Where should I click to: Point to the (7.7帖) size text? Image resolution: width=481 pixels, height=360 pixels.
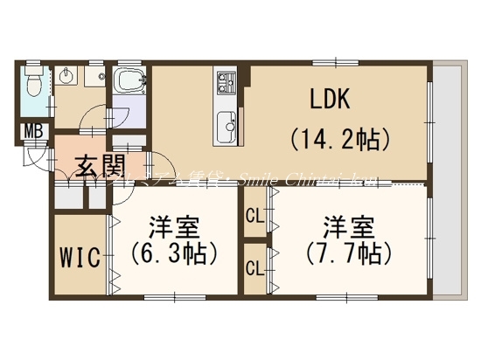tap(344, 253)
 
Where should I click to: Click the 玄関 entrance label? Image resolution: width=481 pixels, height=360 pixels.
tap(97, 164)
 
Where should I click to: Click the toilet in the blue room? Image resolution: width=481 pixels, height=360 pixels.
tap(32, 86)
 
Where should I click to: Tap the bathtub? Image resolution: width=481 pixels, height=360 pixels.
tap(129, 85)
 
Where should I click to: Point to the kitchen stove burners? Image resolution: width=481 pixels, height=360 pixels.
tap(227, 85)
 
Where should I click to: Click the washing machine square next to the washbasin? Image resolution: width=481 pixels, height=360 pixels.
tap(91, 79)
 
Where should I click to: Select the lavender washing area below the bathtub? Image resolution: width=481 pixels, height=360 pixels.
tap(128, 117)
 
